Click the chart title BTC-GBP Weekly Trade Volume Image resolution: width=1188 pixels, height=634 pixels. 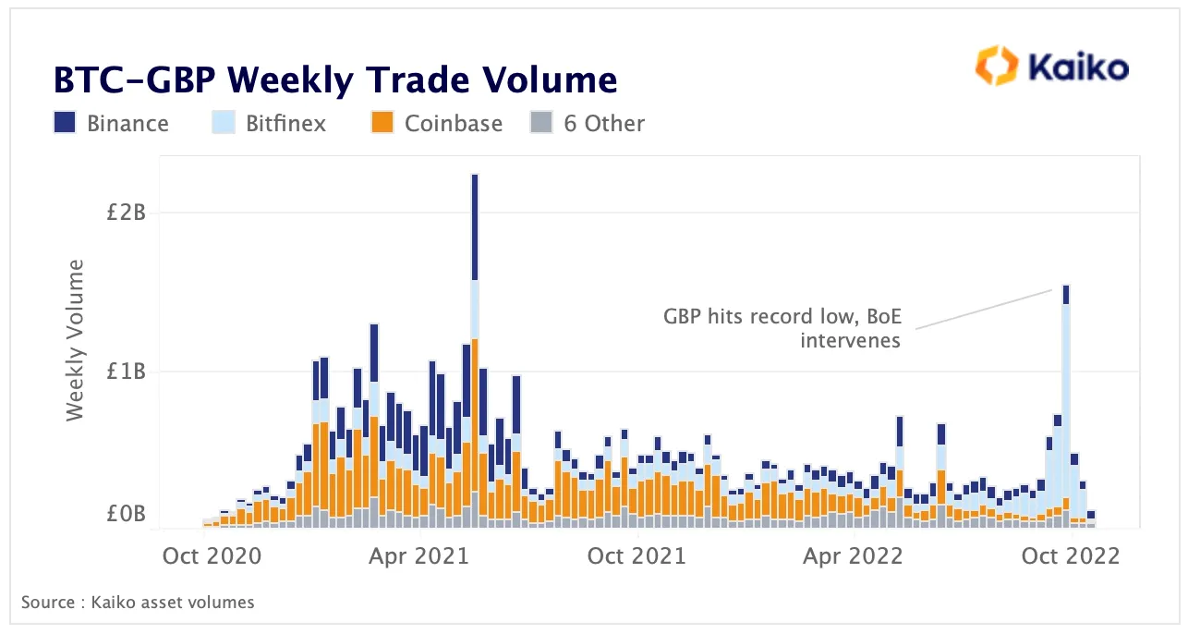[334, 80]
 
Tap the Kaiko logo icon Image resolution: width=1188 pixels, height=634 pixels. [996, 67]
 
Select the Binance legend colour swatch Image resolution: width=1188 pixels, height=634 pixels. [65, 123]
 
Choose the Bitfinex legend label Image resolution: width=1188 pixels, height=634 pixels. [285, 123]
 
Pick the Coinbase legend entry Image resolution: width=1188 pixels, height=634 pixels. [453, 123]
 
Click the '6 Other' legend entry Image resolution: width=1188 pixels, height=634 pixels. [604, 123]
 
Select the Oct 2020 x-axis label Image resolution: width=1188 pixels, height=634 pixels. [212, 555]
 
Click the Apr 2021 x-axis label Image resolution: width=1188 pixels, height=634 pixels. [420, 555]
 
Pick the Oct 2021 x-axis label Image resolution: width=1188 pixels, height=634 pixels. [637, 555]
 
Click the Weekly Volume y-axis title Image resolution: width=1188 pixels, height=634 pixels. [76, 340]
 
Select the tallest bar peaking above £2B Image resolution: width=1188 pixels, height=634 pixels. [475, 351]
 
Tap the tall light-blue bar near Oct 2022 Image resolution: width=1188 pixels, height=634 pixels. [1066, 407]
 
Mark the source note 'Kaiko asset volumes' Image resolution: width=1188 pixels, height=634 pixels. [138, 603]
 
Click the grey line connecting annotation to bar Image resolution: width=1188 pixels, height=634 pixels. [984, 309]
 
